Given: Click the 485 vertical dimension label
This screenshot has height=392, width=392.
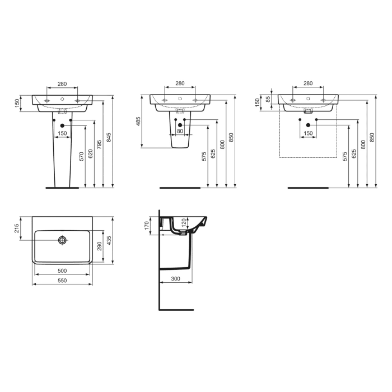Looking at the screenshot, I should coord(138,122).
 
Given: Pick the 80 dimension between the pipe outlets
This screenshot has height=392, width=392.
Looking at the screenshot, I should coord(179,132).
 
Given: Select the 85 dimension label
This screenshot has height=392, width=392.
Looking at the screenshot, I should coord(268,99).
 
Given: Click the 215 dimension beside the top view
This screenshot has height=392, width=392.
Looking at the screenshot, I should coord(17,228).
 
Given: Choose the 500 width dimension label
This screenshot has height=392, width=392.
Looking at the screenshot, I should coord(62,270).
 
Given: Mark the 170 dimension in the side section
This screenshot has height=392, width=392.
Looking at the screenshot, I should coord(147,226).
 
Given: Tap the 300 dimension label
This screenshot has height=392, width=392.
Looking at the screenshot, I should coord(175,278).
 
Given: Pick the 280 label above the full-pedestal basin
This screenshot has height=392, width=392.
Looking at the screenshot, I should coord(62,84).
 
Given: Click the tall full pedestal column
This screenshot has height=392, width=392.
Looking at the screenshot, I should coord(62,157).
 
